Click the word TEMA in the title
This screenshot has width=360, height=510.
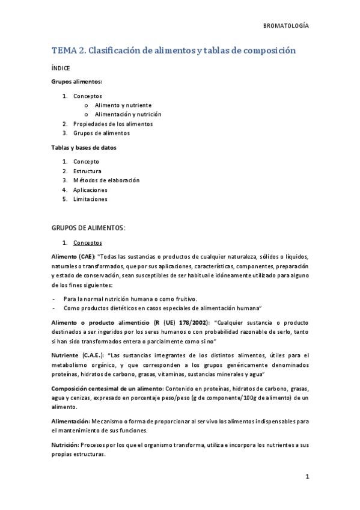[64, 51]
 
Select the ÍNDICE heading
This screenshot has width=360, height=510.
[60, 69]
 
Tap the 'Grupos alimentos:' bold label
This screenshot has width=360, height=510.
[76, 81]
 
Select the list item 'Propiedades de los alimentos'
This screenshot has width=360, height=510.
[112, 124]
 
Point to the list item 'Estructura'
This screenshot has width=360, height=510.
[87, 171]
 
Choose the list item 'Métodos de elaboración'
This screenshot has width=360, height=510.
[106, 180]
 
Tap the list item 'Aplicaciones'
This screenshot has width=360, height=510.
[90, 189]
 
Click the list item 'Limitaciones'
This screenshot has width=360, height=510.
[90, 199]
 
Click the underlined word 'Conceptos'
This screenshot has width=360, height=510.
[87, 243]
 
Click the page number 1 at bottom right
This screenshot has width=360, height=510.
[307, 478]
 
